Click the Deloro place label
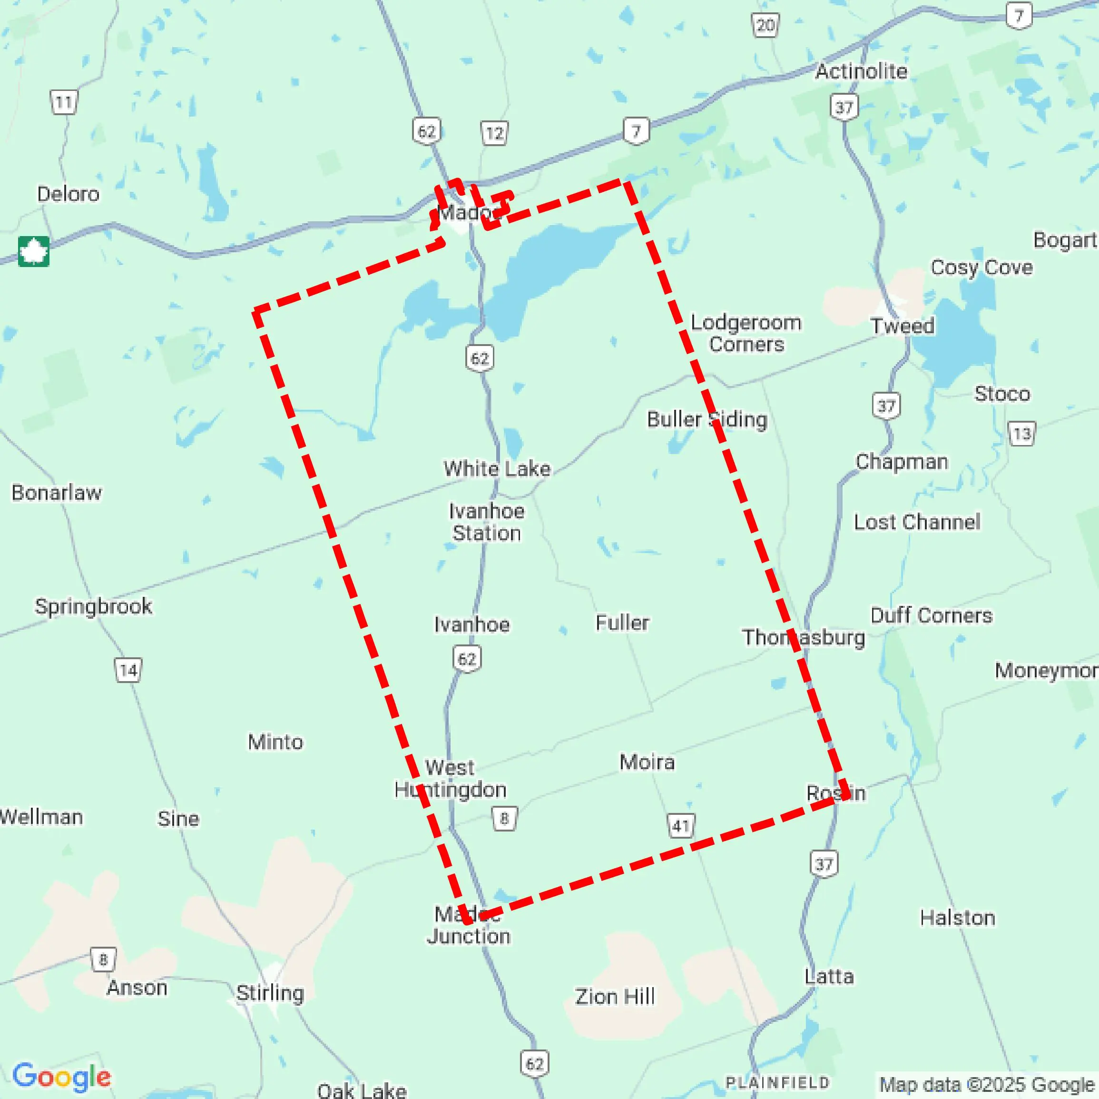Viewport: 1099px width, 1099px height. click(x=68, y=194)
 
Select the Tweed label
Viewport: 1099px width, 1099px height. click(x=902, y=326)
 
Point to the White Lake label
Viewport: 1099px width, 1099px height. click(x=497, y=468)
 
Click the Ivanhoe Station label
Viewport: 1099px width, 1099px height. click(x=486, y=522)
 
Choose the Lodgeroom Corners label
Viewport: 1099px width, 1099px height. click(x=746, y=333)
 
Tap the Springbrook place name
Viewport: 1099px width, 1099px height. click(x=93, y=606)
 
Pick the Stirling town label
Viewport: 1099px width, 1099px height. click(x=270, y=992)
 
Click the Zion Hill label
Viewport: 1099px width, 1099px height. click(x=614, y=997)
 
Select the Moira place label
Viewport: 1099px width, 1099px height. click(x=647, y=762)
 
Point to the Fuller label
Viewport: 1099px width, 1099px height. click(x=622, y=623)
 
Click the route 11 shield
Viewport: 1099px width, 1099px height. click(x=64, y=102)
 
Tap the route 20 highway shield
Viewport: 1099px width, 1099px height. click(x=765, y=25)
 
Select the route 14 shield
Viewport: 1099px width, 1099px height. click(x=128, y=670)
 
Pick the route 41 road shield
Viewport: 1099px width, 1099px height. click(x=681, y=826)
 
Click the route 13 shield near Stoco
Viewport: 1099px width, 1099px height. click(x=1021, y=434)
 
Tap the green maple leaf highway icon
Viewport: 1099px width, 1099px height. click(x=34, y=251)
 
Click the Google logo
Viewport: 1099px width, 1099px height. click(x=61, y=1077)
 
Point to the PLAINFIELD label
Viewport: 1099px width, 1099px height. click(x=777, y=1082)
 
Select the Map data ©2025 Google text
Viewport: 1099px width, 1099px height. click(x=987, y=1084)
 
